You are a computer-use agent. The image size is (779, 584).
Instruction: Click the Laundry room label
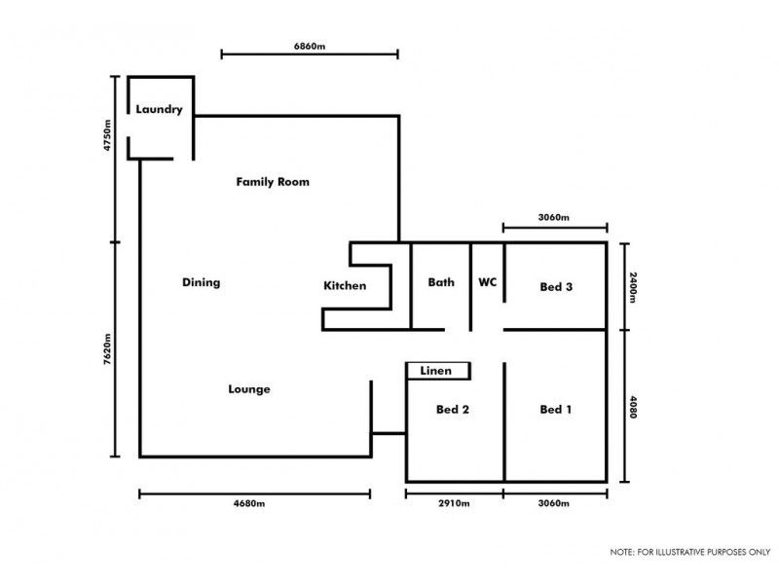coord(159,109)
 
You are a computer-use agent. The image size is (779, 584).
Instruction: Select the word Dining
coord(202,283)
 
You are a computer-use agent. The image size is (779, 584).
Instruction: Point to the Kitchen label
coord(345,286)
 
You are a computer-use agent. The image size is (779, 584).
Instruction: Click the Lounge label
coord(249,389)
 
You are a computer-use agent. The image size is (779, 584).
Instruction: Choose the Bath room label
coord(441,283)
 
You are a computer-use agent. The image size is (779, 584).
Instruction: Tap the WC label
coord(488,283)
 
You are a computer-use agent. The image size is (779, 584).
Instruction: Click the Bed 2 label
coord(453,410)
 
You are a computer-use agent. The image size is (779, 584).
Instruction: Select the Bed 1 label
coord(555,410)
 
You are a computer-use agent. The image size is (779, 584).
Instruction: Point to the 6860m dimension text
coord(309,45)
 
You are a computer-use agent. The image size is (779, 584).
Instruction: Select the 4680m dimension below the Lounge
coord(252,503)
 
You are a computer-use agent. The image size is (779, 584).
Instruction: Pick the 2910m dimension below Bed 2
coord(454,503)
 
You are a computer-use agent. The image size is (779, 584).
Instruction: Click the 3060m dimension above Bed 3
coord(553,217)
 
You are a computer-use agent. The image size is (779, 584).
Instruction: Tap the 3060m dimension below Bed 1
coord(553,503)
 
